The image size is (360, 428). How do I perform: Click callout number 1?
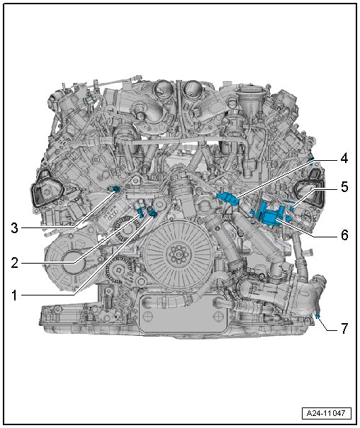tap(15, 295)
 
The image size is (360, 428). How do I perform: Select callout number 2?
tap(14, 263)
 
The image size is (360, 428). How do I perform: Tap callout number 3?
tap(14, 228)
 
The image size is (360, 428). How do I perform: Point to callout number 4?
tap(344, 158)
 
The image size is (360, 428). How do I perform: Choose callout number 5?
tap(344, 187)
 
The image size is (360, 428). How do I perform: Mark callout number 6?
tap(344, 235)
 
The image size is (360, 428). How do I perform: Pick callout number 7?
tap(344, 328)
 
